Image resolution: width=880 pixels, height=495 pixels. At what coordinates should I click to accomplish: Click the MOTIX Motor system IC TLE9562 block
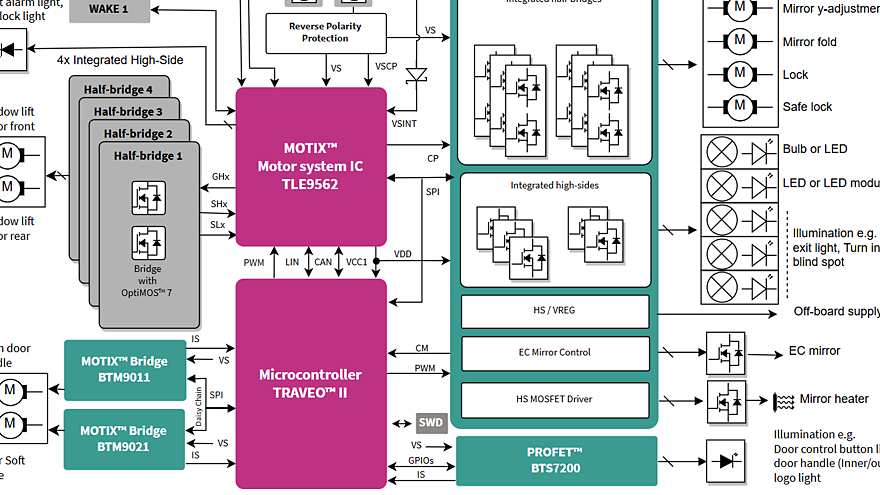[310, 166]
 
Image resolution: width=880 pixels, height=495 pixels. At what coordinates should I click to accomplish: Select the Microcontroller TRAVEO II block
[310, 383]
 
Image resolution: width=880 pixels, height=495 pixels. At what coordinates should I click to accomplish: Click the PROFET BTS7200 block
[556, 460]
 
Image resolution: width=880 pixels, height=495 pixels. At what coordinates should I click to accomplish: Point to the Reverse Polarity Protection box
[325, 32]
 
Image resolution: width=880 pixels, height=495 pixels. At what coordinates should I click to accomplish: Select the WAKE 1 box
[110, 9]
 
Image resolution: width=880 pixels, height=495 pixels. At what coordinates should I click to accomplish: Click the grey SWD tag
[431, 422]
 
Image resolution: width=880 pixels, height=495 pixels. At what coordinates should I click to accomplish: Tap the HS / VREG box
[555, 310]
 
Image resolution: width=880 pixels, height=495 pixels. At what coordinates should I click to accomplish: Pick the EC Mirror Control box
[555, 352]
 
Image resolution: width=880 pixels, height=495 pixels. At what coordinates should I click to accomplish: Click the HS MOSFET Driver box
[555, 399]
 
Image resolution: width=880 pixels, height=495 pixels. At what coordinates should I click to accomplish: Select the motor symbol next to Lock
[740, 74]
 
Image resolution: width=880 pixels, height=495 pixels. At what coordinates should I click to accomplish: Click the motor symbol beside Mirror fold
[740, 42]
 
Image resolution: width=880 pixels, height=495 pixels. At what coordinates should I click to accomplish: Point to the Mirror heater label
[834, 399]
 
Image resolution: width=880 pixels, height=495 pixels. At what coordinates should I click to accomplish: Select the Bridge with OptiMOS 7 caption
[148, 281]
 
